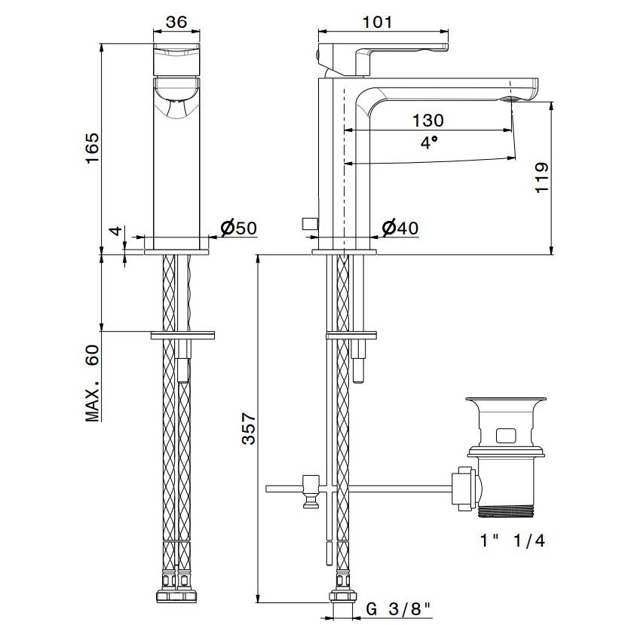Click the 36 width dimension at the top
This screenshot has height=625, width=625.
pyautogui.click(x=176, y=22)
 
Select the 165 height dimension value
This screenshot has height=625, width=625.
pyautogui.click(x=93, y=149)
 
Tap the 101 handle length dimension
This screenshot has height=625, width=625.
pyautogui.click(x=377, y=22)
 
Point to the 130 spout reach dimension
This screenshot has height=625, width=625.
pyautogui.click(x=427, y=120)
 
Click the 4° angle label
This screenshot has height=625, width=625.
pyautogui.click(x=429, y=142)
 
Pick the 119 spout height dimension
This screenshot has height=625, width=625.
pyautogui.click(x=542, y=178)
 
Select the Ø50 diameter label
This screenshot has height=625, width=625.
pyautogui.click(x=239, y=228)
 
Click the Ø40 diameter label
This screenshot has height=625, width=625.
pyautogui.click(x=400, y=228)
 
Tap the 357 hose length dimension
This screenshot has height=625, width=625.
pyautogui.click(x=249, y=428)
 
